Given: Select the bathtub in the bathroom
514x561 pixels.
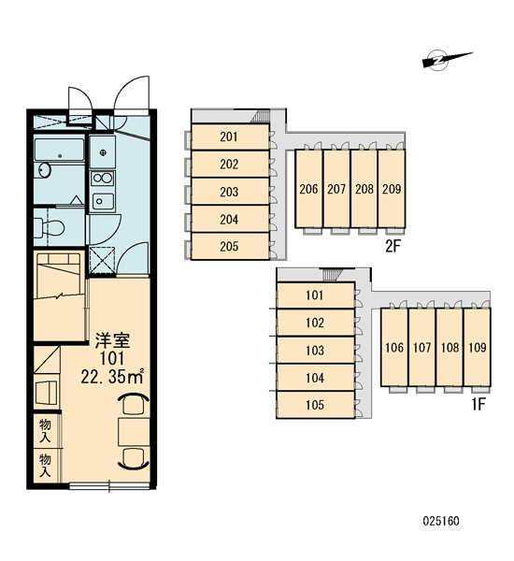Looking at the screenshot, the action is [60, 150].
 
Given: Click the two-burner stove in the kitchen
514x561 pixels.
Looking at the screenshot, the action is [102, 178].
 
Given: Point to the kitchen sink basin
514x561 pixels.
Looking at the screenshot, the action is [103, 201].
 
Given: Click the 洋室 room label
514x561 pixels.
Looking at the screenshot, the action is [112, 340].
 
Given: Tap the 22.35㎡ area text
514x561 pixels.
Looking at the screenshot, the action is [112, 376].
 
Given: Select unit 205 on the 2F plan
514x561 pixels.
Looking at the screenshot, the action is [230, 246].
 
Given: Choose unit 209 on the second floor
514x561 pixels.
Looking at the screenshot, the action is [392, 189].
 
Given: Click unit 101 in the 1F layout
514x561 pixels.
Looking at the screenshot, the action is [315, 295].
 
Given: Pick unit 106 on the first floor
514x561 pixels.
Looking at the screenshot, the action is [394, 347].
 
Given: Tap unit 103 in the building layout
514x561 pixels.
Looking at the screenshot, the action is [315, 351].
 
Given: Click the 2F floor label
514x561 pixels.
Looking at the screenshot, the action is [393, 246].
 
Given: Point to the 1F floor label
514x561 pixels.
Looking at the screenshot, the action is [478, 404].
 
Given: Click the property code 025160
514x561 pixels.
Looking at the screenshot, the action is [441, 521].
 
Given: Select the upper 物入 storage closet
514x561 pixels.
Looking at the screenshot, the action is [47, 430].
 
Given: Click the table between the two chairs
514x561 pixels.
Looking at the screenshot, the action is [134, 432].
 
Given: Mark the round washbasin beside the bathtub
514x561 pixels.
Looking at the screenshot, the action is [43, 169].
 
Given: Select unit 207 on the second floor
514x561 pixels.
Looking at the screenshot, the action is [336, 189].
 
